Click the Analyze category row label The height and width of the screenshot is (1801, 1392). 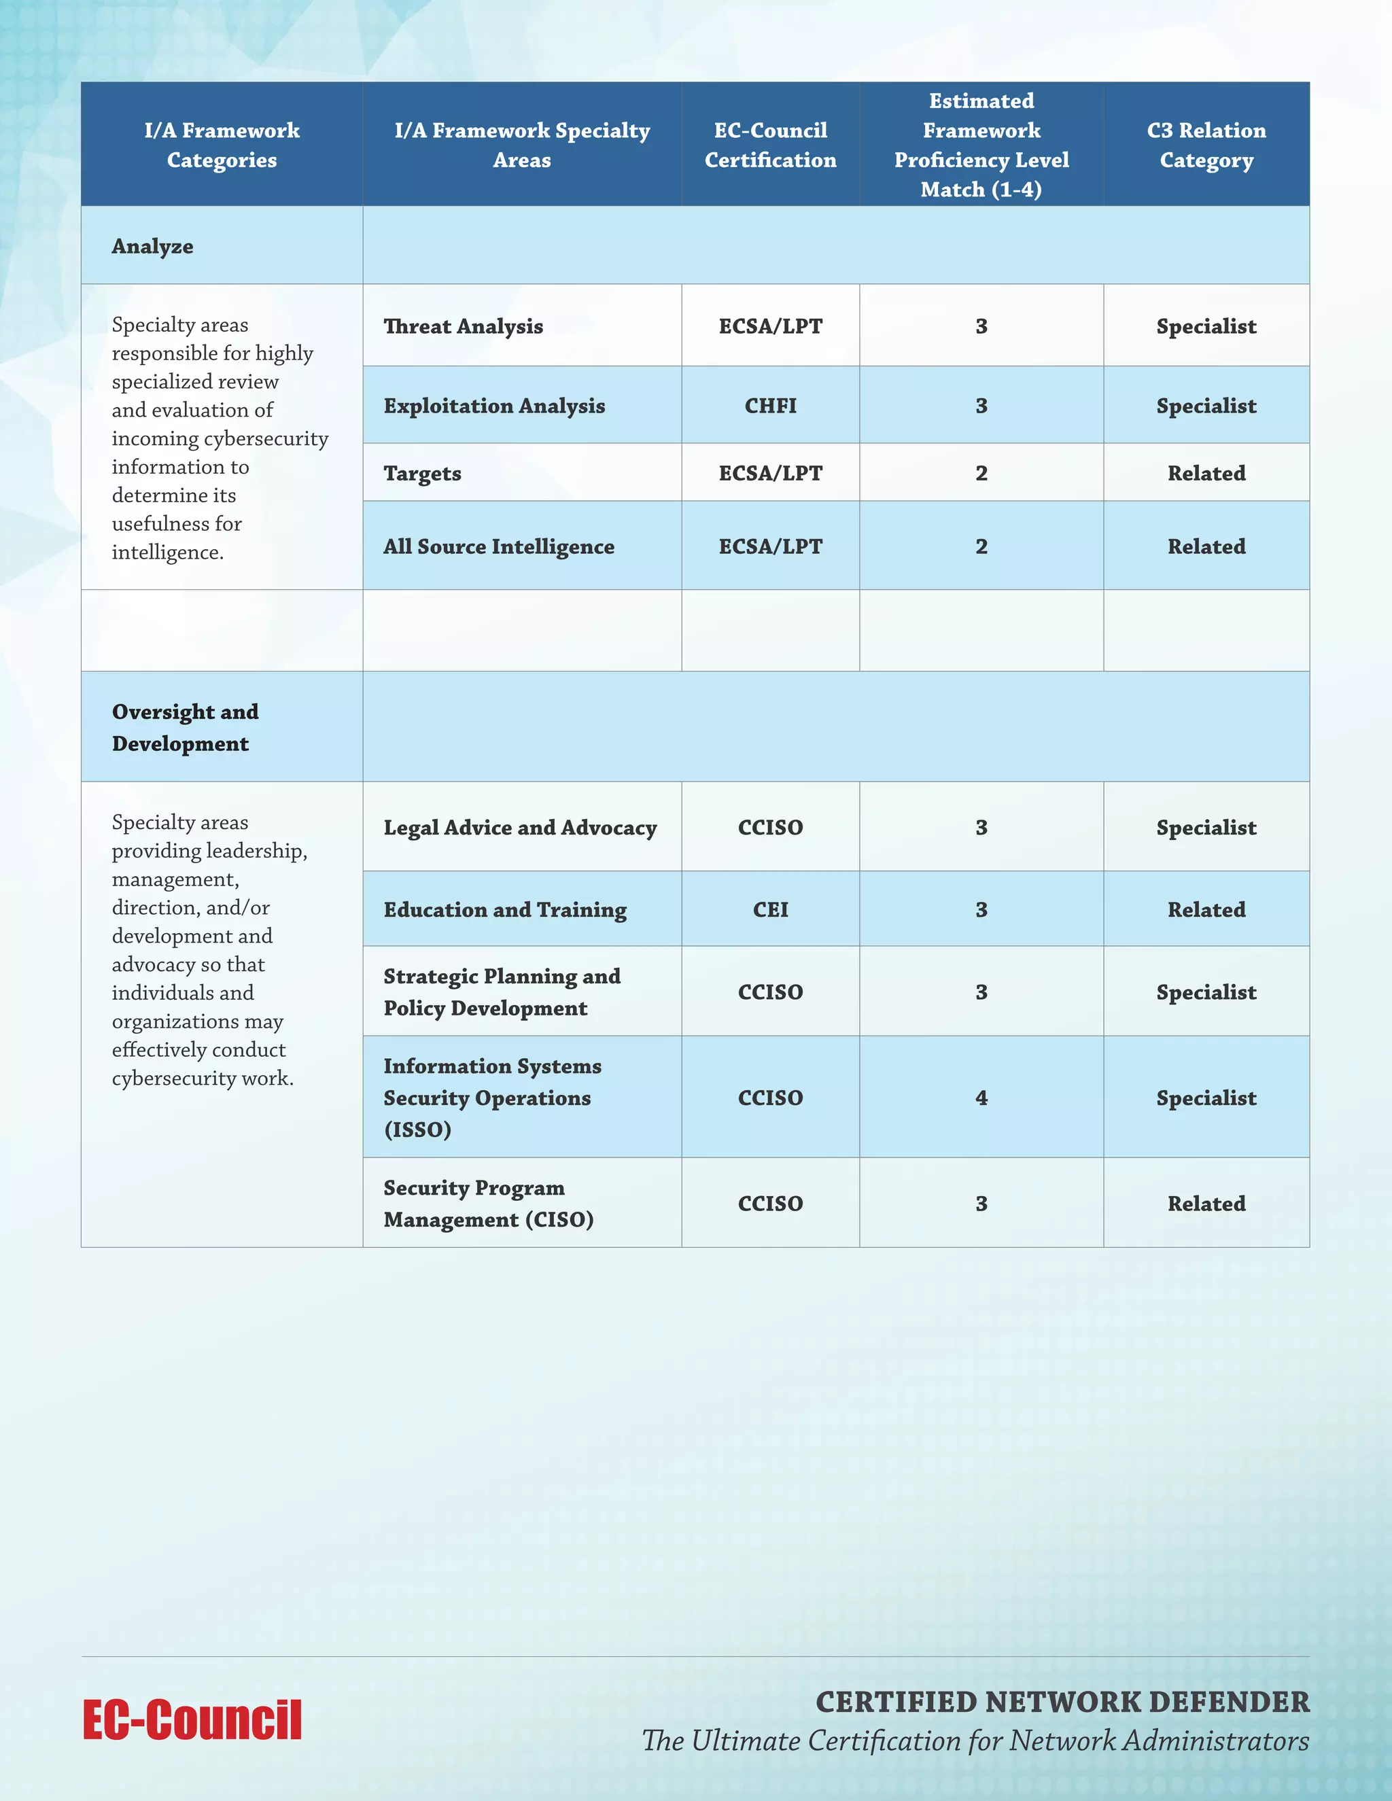152,247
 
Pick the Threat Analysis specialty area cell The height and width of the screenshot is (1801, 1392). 464,326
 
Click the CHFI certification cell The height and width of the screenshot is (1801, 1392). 770,406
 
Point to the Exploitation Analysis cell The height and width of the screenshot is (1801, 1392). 494,406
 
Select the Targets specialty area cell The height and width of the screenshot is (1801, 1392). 422,473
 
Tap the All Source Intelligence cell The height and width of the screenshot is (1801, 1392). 499,546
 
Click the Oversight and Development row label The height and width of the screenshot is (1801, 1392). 186,727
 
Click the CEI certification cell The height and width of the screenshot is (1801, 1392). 770,909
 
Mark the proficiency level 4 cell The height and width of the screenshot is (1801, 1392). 981,1098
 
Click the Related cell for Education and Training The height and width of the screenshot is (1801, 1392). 1206,909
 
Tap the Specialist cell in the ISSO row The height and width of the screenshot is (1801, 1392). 1206,1098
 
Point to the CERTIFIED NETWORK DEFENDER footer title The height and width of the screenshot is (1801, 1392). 1062,1701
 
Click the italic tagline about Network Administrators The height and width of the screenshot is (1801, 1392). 975,1741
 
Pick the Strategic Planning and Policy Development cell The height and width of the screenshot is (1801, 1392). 502,992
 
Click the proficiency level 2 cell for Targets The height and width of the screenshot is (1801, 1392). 981,473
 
